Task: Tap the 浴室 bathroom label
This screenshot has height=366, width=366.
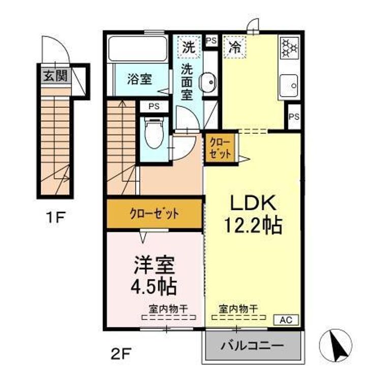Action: (139, 79)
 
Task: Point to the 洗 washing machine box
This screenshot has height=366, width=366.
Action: (189, 48)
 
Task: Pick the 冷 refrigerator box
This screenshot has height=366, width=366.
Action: (235, 48)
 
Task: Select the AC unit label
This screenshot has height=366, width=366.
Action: (286, 320)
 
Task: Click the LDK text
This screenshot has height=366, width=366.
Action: (254, 204)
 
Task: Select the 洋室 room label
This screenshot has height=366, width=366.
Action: (155, 265)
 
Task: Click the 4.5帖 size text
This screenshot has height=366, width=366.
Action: (154, 287)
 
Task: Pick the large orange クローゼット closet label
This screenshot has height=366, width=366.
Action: (154, 214)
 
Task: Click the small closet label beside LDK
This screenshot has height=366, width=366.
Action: (220, 148)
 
